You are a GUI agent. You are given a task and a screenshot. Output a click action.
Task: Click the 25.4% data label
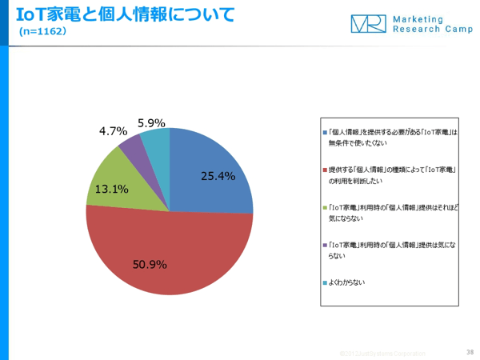pos(218,176)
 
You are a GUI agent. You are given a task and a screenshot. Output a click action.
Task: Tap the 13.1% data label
pos(112,190)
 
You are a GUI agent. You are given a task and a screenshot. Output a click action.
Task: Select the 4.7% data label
pos(113,131)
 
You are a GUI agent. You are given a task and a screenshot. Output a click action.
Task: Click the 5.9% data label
pos(151,122)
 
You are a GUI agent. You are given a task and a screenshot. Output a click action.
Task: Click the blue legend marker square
pos(323,132)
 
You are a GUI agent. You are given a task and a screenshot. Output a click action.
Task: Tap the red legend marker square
pos(323,170)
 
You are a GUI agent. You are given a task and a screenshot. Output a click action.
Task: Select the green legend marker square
pos(323,206)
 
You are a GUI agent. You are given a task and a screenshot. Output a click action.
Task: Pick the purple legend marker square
pos(323,245)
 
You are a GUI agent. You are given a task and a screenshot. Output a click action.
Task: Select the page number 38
pos(469,351)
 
